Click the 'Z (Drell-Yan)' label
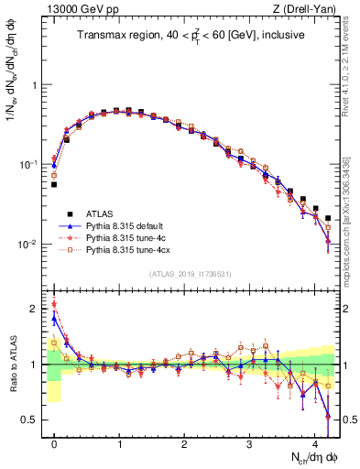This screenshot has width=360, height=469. tap(306, 10)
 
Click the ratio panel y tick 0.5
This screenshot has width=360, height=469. tap(33, 420)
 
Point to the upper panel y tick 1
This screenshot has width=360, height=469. tap(38, 85)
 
